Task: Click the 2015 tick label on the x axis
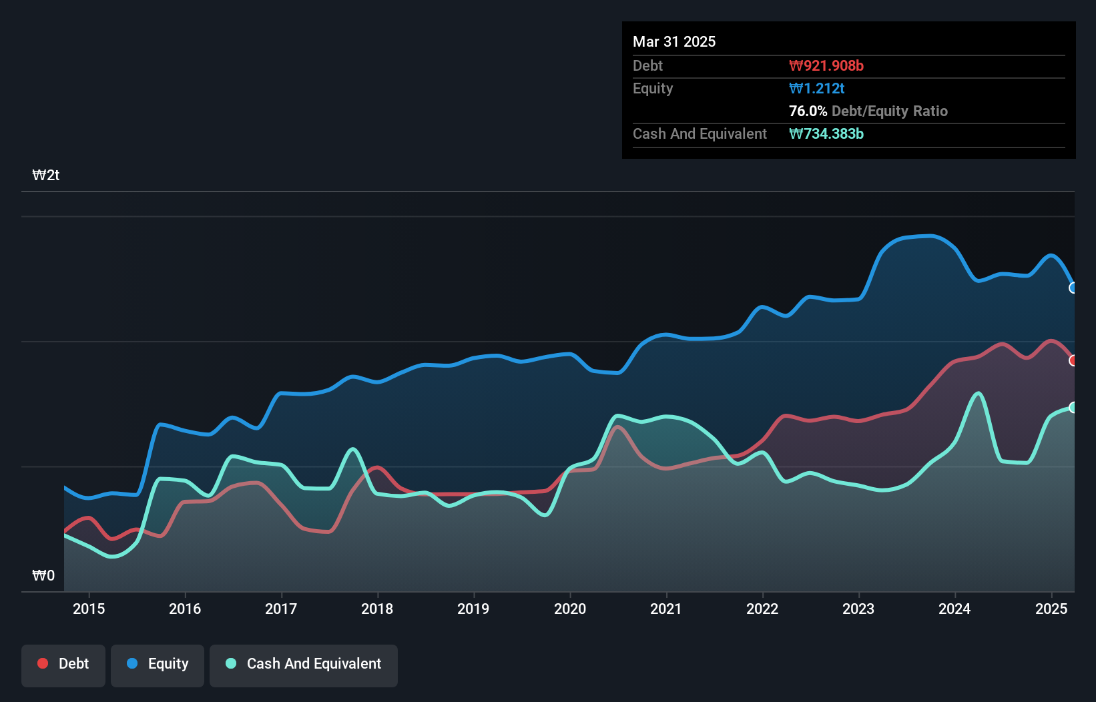click(x=89, y=609)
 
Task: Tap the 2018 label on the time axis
click(x=376, y=609)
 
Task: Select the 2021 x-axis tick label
click(x=665, y=609)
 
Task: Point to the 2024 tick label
click(x=954, y=609)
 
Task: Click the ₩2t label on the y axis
click(x=46, y=175)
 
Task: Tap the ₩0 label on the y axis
click(x=43, y=575)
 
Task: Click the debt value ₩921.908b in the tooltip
click(x=826, y=65)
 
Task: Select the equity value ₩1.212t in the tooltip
click(x=816, y=89)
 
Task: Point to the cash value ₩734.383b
click(x=826, y=133)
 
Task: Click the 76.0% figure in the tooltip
click(x=808, y=111)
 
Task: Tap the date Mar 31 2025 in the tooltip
click(x=673, y=41)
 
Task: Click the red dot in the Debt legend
click(x=43, y=663)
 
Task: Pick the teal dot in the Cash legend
click(x=230, y=663)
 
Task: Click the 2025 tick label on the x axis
click(x=1051, y=609)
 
